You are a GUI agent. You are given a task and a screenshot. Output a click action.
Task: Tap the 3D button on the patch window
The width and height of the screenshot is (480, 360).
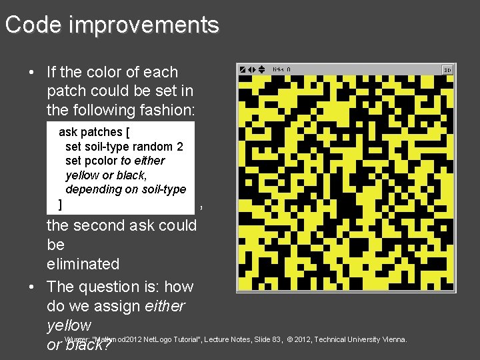point(448,69)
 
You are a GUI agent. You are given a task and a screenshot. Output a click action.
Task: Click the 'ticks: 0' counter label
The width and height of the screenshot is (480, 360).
point(282,69)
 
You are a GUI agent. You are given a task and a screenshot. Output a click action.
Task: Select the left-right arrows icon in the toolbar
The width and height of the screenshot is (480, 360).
point(252,69)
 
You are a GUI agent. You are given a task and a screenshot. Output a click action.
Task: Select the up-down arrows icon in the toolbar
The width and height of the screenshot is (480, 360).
point(261,69)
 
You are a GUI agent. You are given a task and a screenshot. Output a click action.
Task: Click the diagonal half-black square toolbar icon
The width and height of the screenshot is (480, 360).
point(243,69)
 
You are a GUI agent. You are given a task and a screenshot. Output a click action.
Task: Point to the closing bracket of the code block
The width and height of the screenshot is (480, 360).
point(61,204)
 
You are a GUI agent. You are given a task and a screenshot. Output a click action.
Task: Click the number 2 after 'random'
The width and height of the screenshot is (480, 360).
point(180,147)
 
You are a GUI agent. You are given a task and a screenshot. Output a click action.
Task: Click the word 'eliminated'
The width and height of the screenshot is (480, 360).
point(83,264)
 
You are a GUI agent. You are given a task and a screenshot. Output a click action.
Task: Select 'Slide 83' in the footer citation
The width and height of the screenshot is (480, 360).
point(267,340)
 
